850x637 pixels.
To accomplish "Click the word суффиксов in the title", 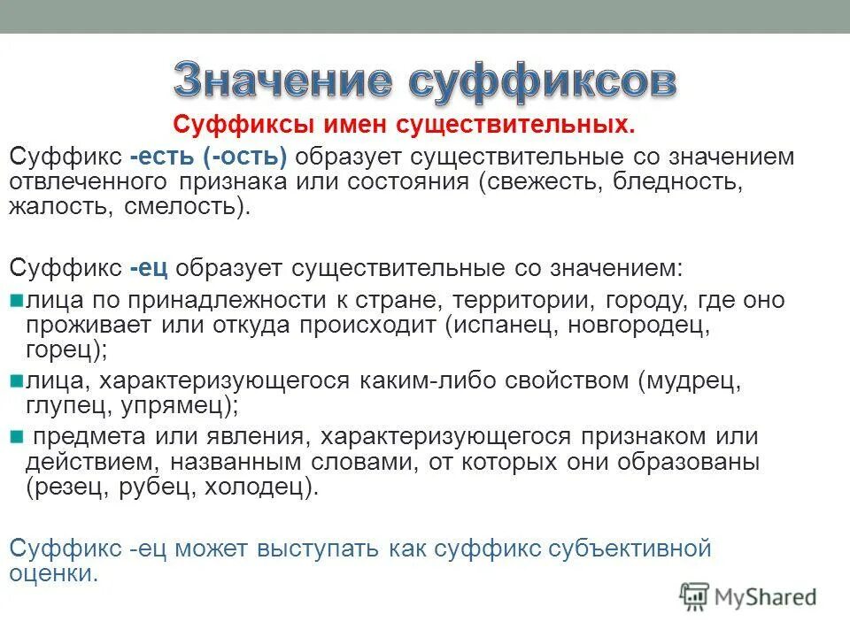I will tap(542, 81).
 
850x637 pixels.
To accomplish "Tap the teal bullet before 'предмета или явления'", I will tap(15, 436).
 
